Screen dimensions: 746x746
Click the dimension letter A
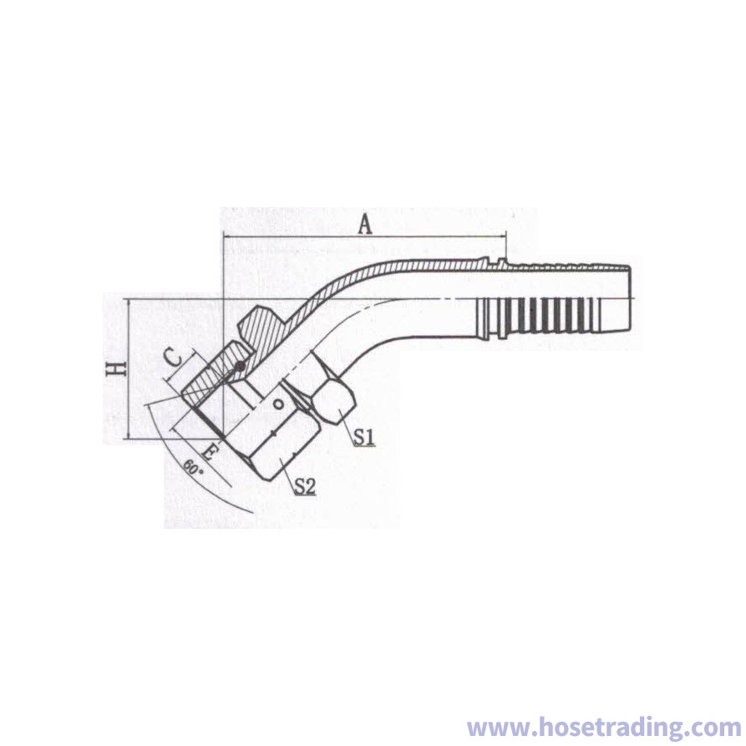[365, 225]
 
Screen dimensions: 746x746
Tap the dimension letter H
[115, 368]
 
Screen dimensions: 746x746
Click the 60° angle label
[193, 468]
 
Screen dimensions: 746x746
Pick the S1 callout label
[364, 437]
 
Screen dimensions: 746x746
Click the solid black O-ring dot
[241, 367]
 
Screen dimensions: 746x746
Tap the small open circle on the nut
[278, 405]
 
